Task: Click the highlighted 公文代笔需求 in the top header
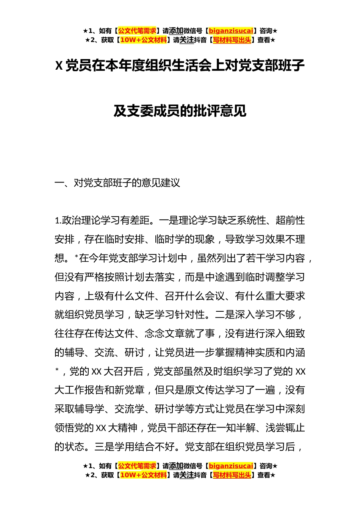point(137,31)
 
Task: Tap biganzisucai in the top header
point(231,31)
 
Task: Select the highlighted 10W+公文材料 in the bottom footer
point(143,475)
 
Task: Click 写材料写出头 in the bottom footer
point(232,475)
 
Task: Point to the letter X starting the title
point(59,66)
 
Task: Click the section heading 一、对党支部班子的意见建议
point(117,183)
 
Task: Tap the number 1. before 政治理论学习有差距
point(58,221)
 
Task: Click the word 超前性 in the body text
point(290,220)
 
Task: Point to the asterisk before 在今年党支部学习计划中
point(77,257)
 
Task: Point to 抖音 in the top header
point(200,40)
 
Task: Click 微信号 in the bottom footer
point(193,466)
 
